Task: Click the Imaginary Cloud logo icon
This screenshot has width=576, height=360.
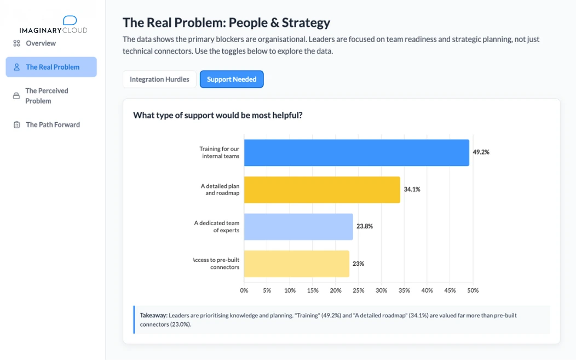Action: pos(70,21)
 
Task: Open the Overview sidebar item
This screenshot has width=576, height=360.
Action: pos(41,43)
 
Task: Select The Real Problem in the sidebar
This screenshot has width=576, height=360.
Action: pos(52,67)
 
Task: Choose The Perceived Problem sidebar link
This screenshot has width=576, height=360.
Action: pos(47,96)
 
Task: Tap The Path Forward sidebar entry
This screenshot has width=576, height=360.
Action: pos(53,125)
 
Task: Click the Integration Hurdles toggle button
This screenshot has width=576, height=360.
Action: pos(159,79)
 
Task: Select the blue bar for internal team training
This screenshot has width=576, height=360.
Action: pos(356,153)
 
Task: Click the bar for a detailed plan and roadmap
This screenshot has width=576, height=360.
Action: pos(322,190)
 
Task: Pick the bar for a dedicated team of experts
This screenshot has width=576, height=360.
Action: pos(298,227)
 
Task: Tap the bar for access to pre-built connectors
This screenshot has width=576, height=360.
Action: pos(296,264)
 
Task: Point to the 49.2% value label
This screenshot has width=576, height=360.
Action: pos(481,152)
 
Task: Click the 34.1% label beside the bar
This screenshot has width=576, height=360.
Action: pos(412,190)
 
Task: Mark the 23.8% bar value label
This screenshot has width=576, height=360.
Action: pos(365,226)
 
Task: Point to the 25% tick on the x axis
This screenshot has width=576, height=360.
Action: pos(359,290)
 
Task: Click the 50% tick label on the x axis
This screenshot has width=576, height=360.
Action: pos(473,290)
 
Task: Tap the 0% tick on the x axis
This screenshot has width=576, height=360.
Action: pos(244,290)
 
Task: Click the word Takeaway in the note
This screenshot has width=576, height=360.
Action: pos(153,316)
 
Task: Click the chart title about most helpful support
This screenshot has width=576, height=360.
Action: pos(217,116)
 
